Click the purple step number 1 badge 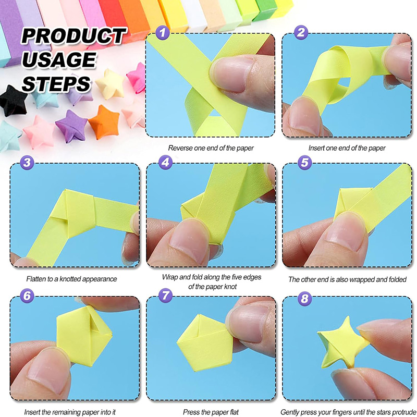(163, 32)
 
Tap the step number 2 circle (301, 32)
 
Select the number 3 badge (27, 162)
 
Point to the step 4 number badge (165, 162)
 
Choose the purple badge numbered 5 (304, 162)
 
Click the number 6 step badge (27, 295)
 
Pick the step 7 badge (165, 295)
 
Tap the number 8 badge (304, 298)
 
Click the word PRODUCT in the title (73, 35)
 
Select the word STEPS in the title (56, 84)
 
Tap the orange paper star (104, 121)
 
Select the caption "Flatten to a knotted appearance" (71, 279)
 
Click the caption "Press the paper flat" (211, 412)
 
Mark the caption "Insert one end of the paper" (347, 148)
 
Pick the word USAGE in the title (59, 59)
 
